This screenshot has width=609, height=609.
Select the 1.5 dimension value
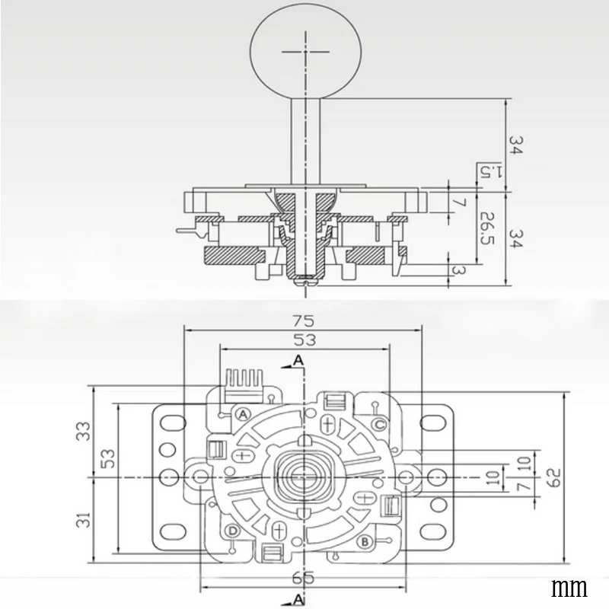(x=485, y=171)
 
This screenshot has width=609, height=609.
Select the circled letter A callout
(x=243, y=414)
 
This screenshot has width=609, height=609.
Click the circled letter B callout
(x=365, y=542)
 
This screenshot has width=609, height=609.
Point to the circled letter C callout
(x=378, y=423)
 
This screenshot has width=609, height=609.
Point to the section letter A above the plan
(x=298, y=359)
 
